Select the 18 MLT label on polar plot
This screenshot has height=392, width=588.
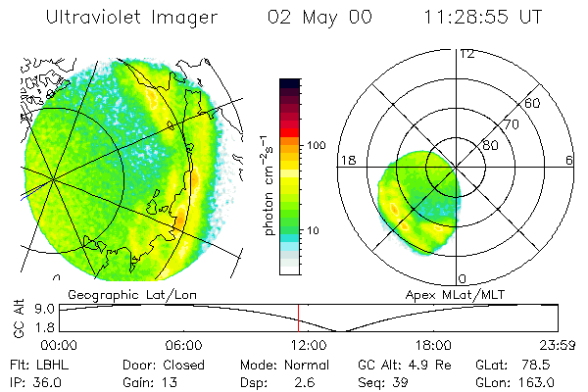coord(346,161)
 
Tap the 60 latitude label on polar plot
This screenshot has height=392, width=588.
coord(533,103)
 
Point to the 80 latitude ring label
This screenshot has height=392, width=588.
coord(490,145)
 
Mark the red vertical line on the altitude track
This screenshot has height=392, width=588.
coord(298,318)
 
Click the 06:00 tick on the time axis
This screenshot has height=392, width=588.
coord(183,345)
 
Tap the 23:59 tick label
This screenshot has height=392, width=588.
coord(555,345)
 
